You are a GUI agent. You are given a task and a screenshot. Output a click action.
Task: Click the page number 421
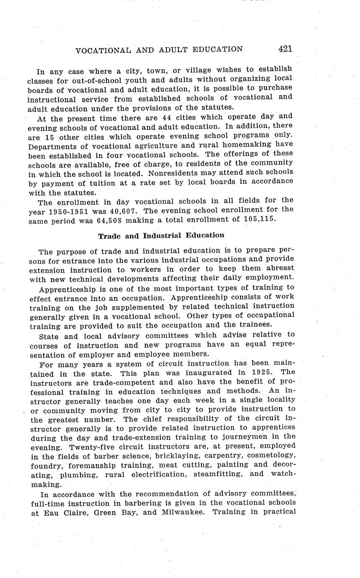(x=285, y=49)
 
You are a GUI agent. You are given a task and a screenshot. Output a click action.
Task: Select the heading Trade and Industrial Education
(x=161, y=235)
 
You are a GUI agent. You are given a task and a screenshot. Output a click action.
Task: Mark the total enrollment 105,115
(x=259, y=219)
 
